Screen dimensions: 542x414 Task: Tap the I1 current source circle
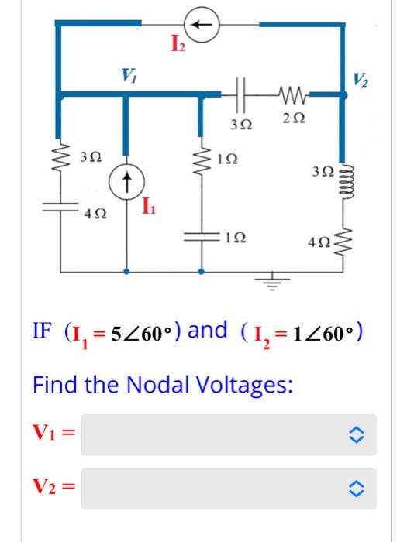127,184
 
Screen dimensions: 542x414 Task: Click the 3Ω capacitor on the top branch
243,96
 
